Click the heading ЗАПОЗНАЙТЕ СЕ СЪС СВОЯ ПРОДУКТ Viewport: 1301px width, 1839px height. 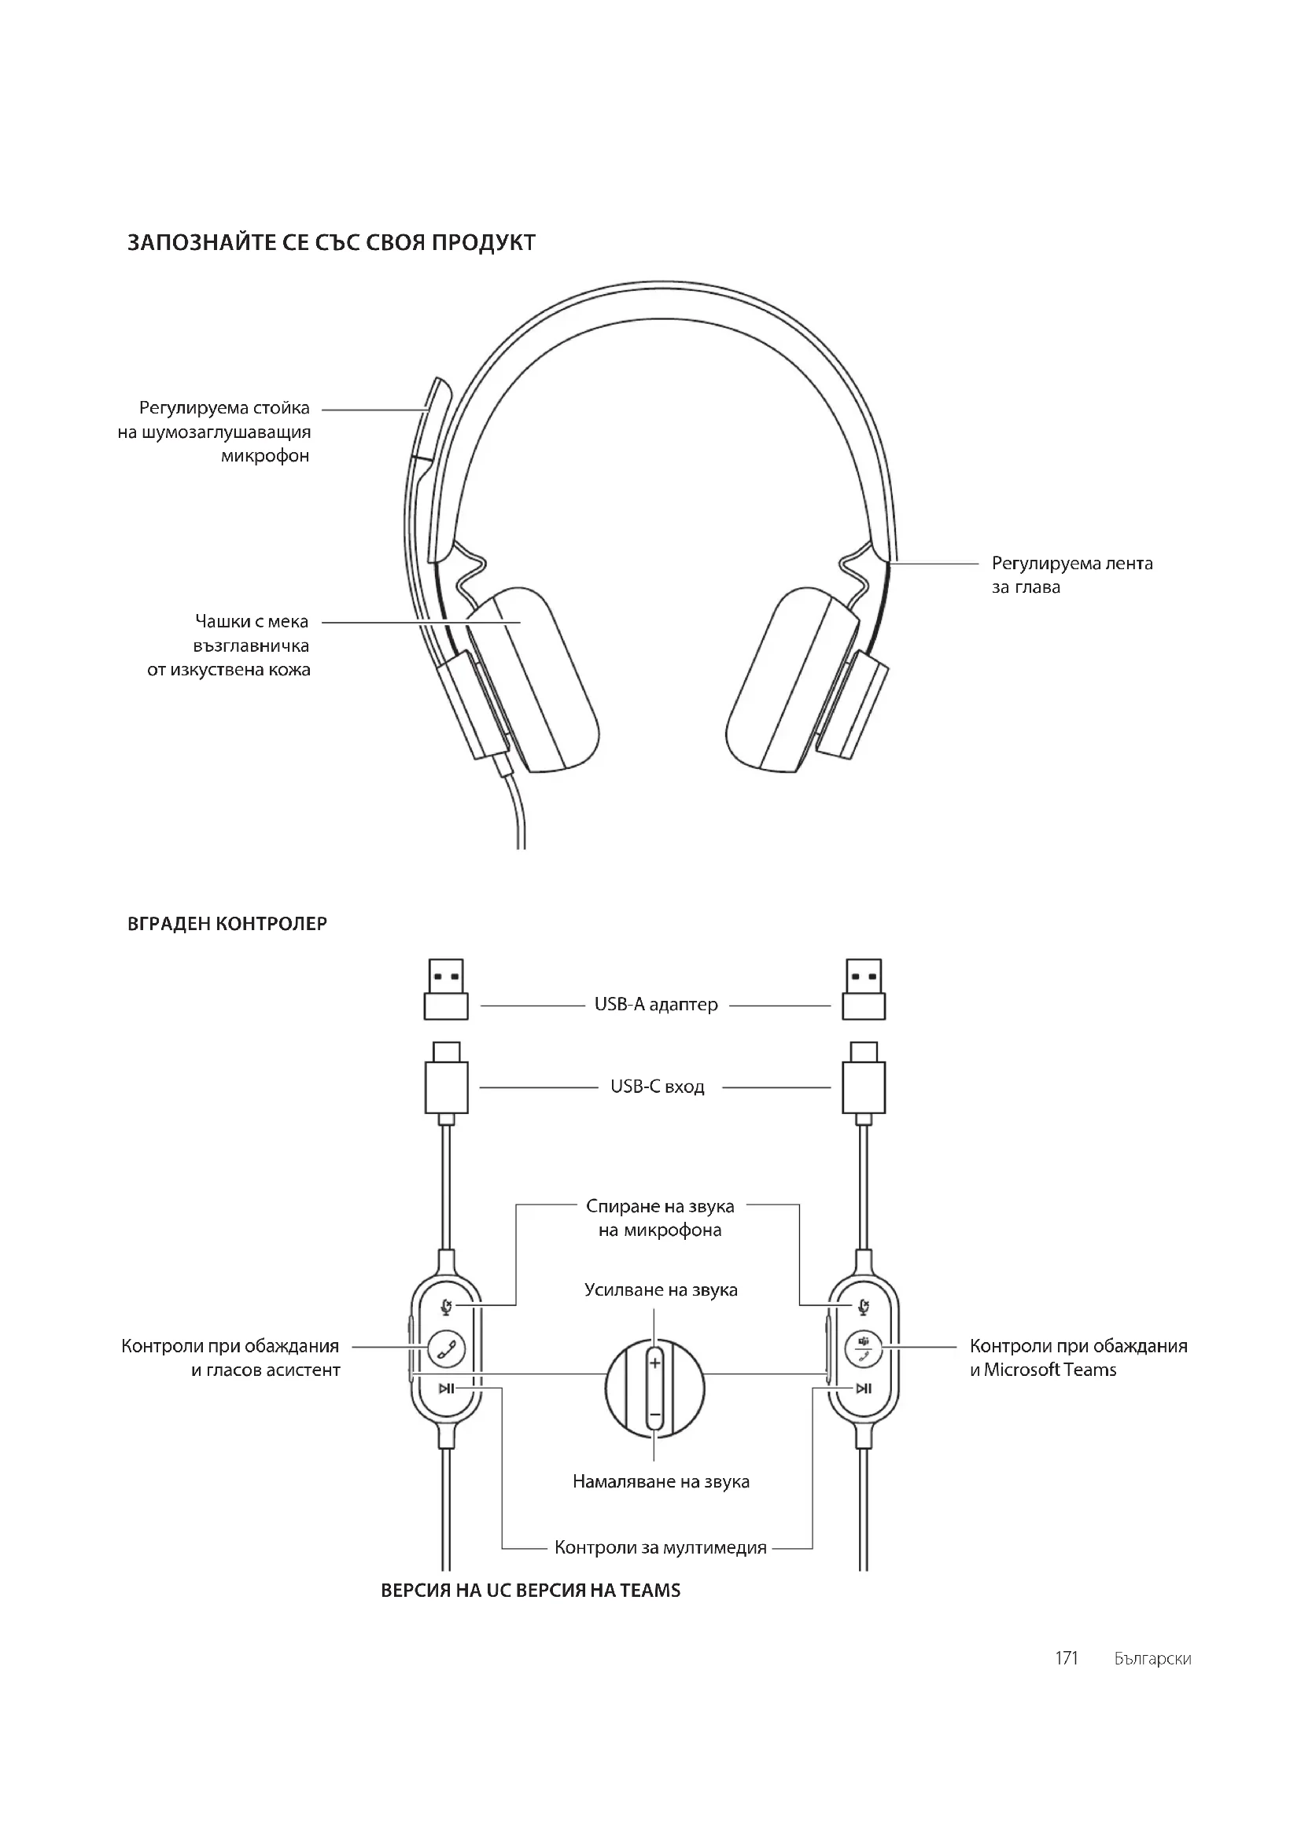[331, 243]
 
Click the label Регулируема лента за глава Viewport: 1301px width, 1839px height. [1072, 575]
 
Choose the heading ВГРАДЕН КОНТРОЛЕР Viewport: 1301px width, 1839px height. [227, 924]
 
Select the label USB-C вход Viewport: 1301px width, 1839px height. [657, 1087]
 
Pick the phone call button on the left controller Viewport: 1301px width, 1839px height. [446, 1348]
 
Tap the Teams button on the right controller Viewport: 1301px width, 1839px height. [864, 1348]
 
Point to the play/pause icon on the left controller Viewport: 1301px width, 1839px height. [446, 1388]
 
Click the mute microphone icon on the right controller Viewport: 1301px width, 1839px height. [863, 1307]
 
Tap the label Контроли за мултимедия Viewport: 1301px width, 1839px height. [660, 1547]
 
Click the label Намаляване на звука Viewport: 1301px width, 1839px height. [661, 1482]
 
